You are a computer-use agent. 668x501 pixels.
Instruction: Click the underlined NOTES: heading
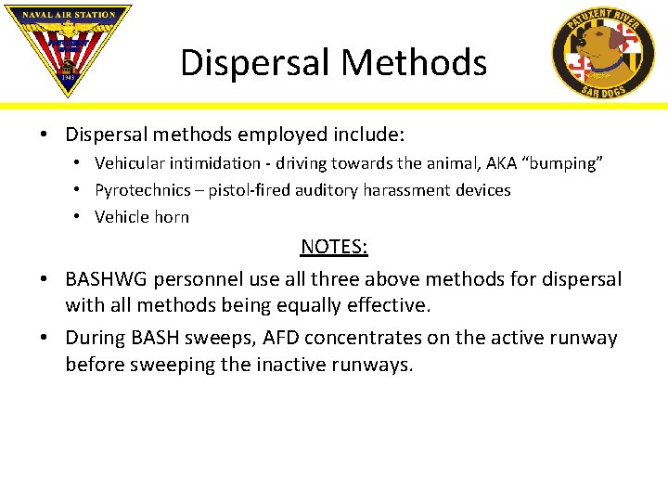click(x=334, y=247)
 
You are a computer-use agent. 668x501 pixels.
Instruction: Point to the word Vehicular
click(x=131, y=163)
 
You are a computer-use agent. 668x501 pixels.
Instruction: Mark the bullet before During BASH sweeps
click(x=45, y=338)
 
